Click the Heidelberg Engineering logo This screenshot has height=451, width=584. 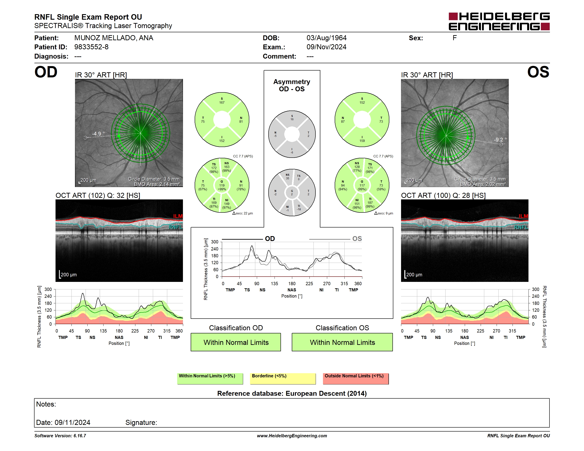499,21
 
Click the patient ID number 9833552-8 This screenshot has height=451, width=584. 91,47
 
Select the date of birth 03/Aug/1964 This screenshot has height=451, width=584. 327,38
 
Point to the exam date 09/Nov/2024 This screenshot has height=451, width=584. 327,47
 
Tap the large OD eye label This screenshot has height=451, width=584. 46,72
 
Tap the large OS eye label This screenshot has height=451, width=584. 538,72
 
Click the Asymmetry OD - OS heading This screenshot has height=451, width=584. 292,85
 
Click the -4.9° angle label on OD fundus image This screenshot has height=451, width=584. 98,134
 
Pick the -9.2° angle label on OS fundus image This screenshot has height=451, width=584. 500,140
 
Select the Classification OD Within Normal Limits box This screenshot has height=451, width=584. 236,342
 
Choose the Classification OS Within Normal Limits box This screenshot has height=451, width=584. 342,342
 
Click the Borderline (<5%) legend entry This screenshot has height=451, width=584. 283,378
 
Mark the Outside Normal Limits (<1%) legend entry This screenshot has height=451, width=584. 356,378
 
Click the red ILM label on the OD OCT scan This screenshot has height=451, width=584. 178,216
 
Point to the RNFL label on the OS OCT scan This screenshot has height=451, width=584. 521,227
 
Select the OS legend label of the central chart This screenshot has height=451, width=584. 357,239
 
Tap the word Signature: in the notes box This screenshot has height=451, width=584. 141,422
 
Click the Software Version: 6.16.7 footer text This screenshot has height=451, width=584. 60,436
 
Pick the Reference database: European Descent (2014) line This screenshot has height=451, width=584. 292,394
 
